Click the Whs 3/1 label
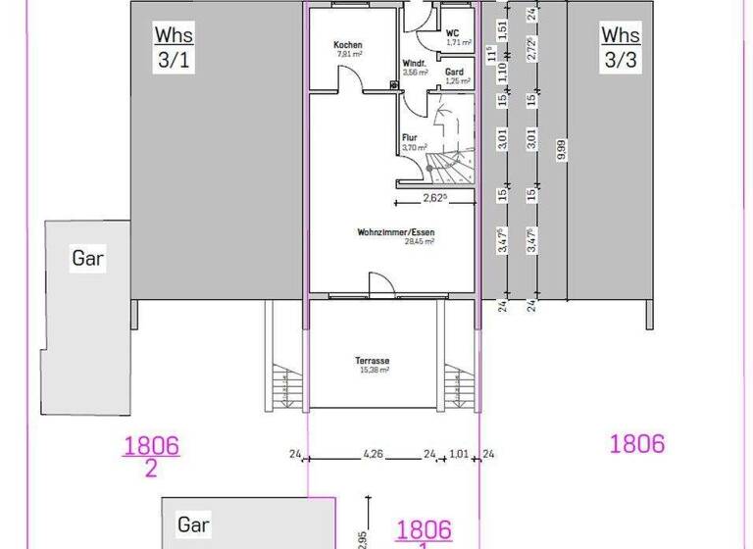[x=174, y=47]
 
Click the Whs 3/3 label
[x=621, y=47]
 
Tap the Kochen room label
[x=348, y=46]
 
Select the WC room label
[x=453, y=32]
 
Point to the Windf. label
[x=414, y=64]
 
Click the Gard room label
[x=454, y=72]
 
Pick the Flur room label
[x=411, y=137]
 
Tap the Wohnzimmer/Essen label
[x=396, y=232]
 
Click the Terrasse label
[x=372, y=361]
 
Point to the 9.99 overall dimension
[x=561, y=149]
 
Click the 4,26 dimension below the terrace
[x=374, y=454]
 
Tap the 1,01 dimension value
[x=459, y=454]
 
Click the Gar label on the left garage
[x=88, y=259]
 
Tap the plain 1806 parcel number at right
[x=637, y=443]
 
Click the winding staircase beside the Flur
[x=453, y=147]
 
